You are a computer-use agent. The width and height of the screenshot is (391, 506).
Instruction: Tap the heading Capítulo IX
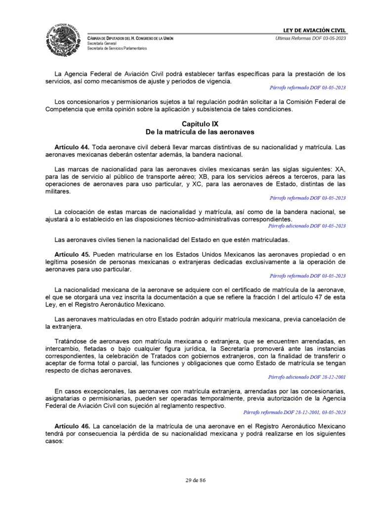pyautogui.click(x=200, y=124)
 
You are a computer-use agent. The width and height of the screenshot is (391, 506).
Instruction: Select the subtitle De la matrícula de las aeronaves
pyautogui.click(x=200, y=132)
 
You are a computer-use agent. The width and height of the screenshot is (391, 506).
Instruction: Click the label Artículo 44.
pyautogui.click(x=72, y=147)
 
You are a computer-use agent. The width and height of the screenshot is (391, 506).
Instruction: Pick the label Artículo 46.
pyautogui.click(x=72, y=426)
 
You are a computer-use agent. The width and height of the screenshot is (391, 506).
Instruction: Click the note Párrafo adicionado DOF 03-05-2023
pyautogui.click(x=307, y=226)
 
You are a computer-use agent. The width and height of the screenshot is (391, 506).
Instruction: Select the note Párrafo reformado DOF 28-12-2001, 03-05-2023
pyautogui.click(x=295, y=412)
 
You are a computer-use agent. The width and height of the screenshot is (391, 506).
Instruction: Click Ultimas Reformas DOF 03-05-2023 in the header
pyautogui.click(x=311, y=39)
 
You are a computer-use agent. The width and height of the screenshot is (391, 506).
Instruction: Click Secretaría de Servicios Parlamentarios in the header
pyautogui.click(x=117, y=48)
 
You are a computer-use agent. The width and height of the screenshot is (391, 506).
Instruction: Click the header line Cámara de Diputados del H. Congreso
pyautogui.click(x=130, y=39)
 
